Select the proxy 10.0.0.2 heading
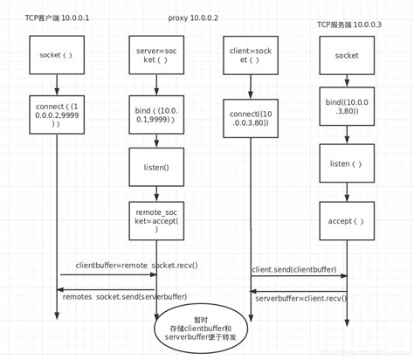192,17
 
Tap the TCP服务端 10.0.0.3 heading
348,25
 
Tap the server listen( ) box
347,163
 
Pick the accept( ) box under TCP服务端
347,220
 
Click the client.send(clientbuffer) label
293,270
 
